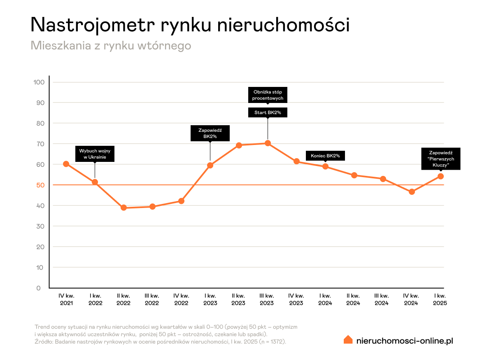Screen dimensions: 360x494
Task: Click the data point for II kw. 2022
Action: (x=123, y=208)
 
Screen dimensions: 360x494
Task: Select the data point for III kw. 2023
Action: (x=268, y=143)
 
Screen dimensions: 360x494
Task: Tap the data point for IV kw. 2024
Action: (x=412, y=192)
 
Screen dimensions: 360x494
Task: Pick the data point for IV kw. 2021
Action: (x=66, y=164)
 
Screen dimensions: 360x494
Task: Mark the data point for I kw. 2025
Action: (x=440, y=176)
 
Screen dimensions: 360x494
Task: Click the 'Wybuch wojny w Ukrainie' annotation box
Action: (x=95, y=154)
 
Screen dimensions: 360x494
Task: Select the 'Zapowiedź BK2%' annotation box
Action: (x=210, y=133)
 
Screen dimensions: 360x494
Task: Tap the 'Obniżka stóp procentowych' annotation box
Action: (x=268, y=95)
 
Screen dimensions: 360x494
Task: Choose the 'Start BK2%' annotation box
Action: (x=268, y=112)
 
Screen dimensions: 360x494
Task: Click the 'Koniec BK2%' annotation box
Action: (x=325, y=156)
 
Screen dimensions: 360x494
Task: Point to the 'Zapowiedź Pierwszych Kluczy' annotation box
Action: (x=440, y=159)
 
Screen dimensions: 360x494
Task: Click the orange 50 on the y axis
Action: (x=40, y=185)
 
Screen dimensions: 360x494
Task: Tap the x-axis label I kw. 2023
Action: (x=210, y=299)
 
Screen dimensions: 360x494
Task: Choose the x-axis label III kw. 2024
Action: (x=382, y=299)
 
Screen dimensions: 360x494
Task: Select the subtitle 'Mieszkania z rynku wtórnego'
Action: (x=111, y=45)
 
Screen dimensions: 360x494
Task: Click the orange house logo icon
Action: (x=348, y=339)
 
